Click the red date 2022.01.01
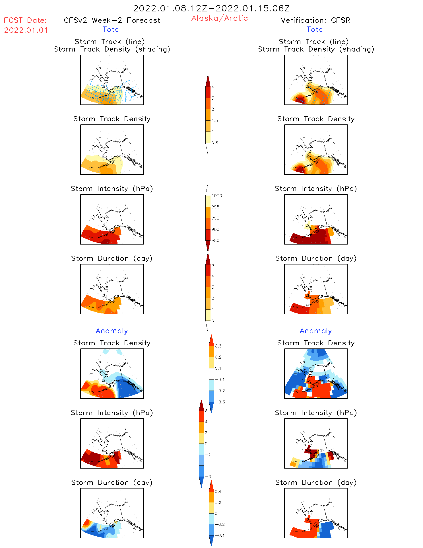(x=26, y=30)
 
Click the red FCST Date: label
(x=25, y=20)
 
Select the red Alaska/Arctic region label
(x=219, y=18)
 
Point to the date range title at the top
(x=211, y=8)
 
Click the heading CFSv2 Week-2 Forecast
(x=112, y=20)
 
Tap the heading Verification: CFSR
(x=315, y=20)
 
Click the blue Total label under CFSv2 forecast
(x=112, y=30)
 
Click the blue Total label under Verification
(x=316, y=30)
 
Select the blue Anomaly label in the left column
(x=112, y=331)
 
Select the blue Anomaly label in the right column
(x=316, y=331)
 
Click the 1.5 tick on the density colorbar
(x=215, y=121)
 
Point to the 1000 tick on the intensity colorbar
(x=216, y=196)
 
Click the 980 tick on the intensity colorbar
(x=215, y=241)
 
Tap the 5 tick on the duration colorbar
(x=213, y=265)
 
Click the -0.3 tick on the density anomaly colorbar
(x=220, y=402)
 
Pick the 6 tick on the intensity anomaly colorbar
(x=206, y=411)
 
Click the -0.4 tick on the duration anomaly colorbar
(x=219, y=535)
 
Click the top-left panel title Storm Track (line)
(x=110, y=42)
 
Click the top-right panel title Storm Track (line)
(x=314, y=42)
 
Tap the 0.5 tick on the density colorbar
(x=215, y=143)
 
